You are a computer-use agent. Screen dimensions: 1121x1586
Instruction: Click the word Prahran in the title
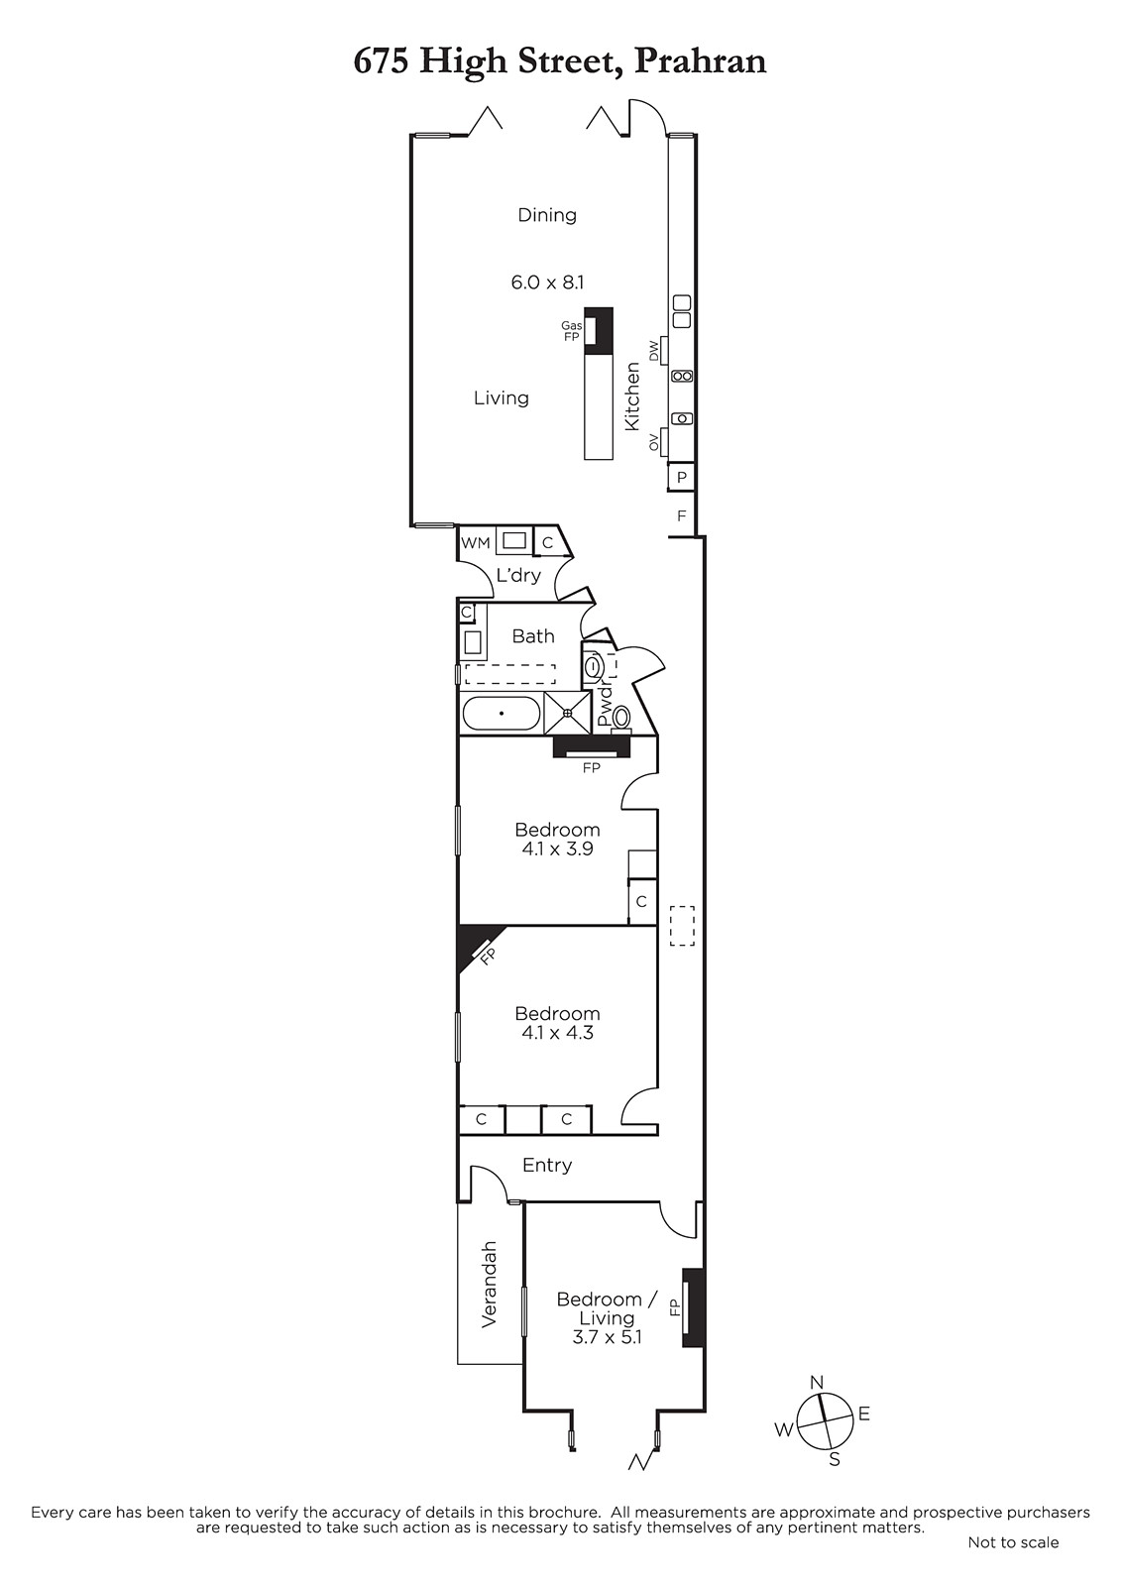click(700, 60)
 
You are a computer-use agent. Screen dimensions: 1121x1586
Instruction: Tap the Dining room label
click(547, 215)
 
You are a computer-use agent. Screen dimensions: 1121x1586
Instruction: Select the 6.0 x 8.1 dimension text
click(547, 283)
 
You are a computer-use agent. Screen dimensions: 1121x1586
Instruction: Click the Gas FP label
click(572, 331)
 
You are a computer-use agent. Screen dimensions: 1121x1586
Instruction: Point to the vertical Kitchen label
click(632, 396)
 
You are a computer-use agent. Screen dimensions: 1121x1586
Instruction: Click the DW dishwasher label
click(653, 349)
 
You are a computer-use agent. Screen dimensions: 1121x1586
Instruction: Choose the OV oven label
click(653, 443)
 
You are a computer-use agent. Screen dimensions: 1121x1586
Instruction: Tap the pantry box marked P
click(682, 477)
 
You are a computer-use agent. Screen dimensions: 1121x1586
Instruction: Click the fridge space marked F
click(682, 515)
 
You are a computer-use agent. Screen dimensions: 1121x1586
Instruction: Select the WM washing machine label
click(475, 543)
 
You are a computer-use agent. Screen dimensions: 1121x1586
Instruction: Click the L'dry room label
click(518, 575)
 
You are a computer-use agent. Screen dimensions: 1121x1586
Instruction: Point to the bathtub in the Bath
click(502, 713)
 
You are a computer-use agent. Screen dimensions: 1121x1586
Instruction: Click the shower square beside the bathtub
click(567, 714)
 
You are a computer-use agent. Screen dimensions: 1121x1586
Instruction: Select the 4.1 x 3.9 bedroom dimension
click(557, 849)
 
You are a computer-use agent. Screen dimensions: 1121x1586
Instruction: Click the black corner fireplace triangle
click(475, 943)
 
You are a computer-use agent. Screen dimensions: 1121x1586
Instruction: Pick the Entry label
click(547, 1165)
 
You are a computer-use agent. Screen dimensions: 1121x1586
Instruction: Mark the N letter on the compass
click(817, 1382)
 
